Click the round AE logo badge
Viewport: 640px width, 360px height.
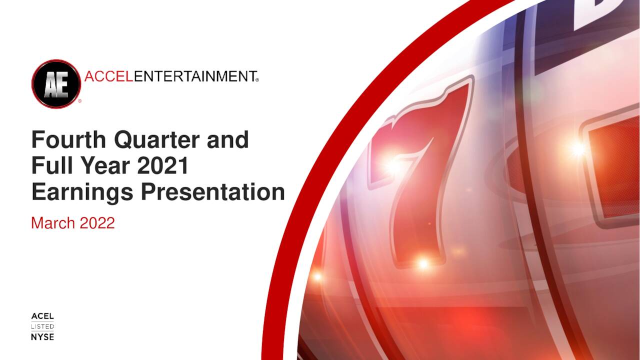pos(56,83)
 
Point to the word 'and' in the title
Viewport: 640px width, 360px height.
pos(227,139)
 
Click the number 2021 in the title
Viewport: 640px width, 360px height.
pos(163,165)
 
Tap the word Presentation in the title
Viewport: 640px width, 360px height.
pos(212,192)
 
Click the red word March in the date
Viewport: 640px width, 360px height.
pos(52,222)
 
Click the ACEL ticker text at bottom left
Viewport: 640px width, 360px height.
pos(42,316)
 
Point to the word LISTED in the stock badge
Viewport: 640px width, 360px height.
pos(42,326)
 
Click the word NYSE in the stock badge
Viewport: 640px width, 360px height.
pos(42,337)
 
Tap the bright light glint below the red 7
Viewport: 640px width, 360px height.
pos(423,264)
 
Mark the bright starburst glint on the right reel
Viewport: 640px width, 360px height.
pos(578,148)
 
